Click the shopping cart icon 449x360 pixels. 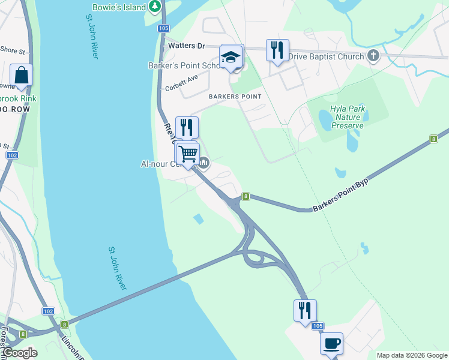pos(188,154)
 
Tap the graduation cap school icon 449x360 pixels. pos(231,58)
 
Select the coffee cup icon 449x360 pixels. pos(331,344)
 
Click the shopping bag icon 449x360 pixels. pos(21,76)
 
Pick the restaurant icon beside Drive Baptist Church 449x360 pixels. pos(277,50)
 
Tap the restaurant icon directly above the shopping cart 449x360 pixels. pos(187,127)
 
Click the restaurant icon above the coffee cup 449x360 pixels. pos(305,311)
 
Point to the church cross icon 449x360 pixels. pos(374,56)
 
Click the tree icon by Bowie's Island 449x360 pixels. pos(155,7)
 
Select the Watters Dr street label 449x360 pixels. pos(187,46)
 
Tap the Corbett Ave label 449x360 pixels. pos(181,83)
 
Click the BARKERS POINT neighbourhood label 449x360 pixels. pos(235,97)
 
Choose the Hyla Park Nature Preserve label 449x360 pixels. pos(348,118)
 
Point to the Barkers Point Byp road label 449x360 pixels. pos(340,194)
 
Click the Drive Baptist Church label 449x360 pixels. pos(327,57)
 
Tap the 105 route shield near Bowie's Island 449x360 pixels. pos(163,29)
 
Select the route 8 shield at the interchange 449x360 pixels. pos(246,196)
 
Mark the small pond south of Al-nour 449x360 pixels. pos(199,219)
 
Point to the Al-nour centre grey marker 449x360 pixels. pos(204,163)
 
